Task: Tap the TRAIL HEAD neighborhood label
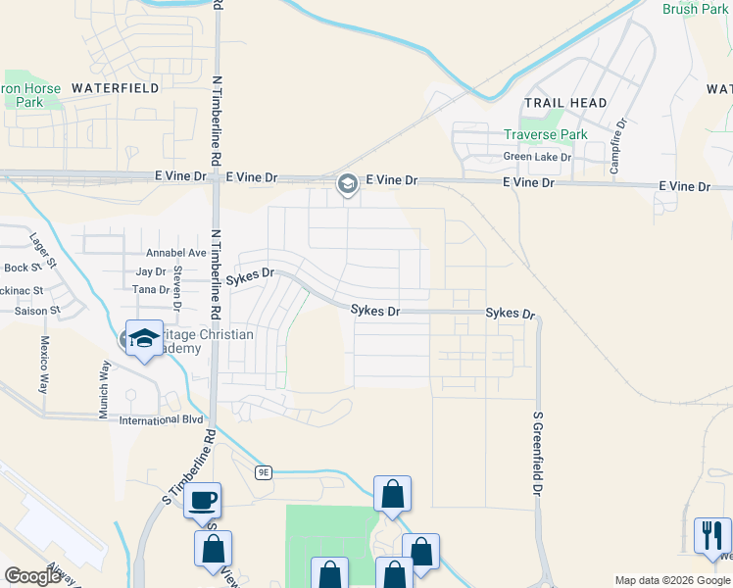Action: pyautogui.click(x=565, y=103)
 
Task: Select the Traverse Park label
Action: pyautogui.click(x=545, y=135)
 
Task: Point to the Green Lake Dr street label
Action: pyautogui.click(x=537, y=157)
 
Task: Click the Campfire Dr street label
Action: pyautogui.click(x=617, y=146)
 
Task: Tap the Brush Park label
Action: pyautogui.click(x=695, y=10)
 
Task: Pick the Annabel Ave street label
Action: pyautogui.click(x=176, y=253)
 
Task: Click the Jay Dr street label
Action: pyautogui.click(x=151, y=271)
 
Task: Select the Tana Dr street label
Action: pyautogui.click(x=150, y=290)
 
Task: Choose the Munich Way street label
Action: pyautogui.click(x=104, y=389)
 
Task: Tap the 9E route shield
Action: pyautogui.click(x=264, y=472)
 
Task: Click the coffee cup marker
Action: pyautogui.click(x=203, y=501)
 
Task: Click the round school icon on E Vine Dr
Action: pyautogui.click(x=347, y=183)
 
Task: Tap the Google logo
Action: pyautogui.click(x=32, y=577)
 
